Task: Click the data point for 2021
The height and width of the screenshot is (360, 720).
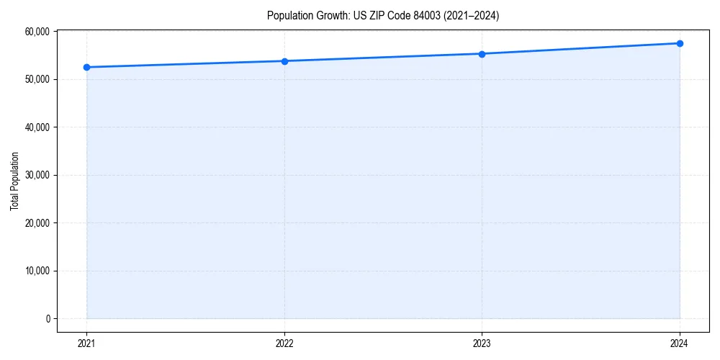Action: [x=86, y=67]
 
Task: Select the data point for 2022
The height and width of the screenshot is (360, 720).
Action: [x=284, y=61]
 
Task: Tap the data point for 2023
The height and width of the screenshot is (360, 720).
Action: [x=482, y=54]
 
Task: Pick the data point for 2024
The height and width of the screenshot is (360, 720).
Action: [x=680, y=43]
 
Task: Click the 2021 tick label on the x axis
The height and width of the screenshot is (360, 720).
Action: [x=86, y=343]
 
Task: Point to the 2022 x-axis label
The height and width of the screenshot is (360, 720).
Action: [x=284, y=343]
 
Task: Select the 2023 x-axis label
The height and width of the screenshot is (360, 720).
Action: [x=482, y=343]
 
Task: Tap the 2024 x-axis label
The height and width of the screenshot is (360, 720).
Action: [x=680, y=343]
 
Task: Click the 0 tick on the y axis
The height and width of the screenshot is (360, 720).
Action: [x=48, y=319]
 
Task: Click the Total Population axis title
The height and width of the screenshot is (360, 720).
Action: [x=14, y=181]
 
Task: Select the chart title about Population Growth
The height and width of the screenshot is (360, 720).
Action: [x=382, y=15]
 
